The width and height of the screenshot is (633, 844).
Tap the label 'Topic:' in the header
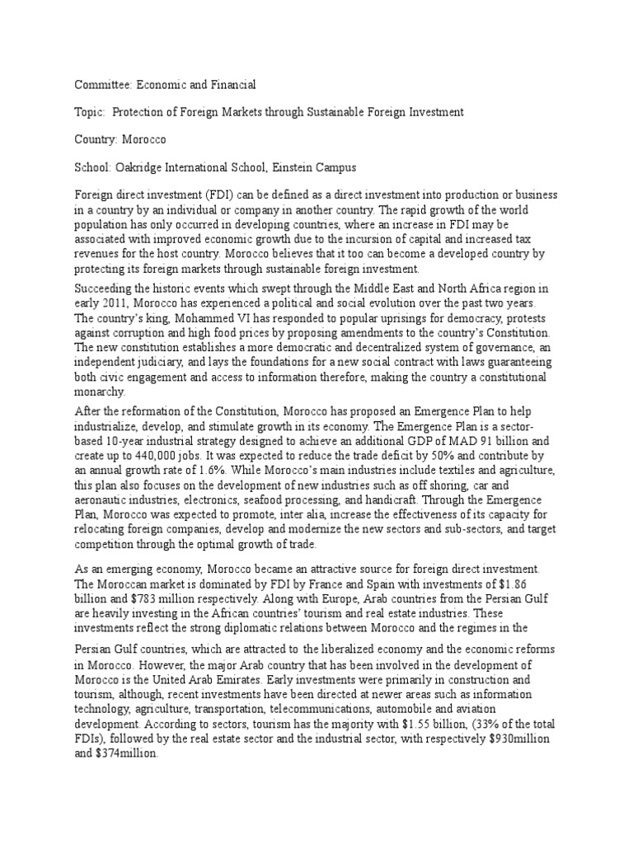[x=90, y=111]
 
